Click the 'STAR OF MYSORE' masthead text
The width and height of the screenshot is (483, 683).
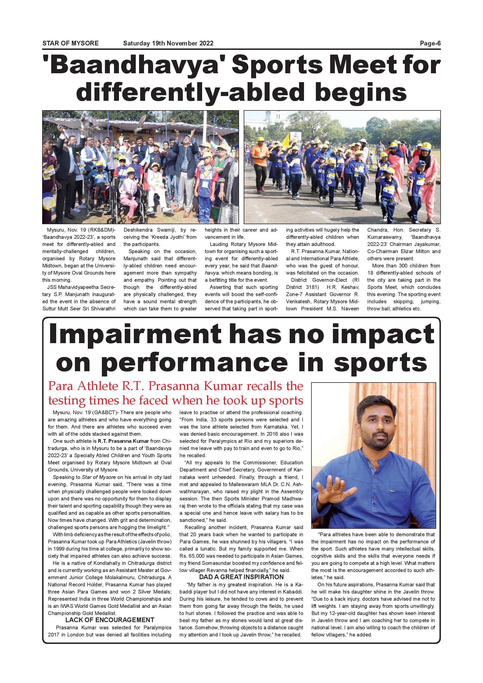tap(70, 43)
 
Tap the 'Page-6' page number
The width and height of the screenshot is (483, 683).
tap(430, 43)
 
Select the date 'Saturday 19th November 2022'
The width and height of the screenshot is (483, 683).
tap(168, 43)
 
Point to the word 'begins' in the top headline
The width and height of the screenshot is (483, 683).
tap(360, 92)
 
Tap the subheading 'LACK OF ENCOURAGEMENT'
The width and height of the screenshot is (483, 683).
tap(110, 620)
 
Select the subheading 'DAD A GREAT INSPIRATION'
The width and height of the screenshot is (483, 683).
tap(241, 577)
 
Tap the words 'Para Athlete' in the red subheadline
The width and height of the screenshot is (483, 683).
tap(83, 386)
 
